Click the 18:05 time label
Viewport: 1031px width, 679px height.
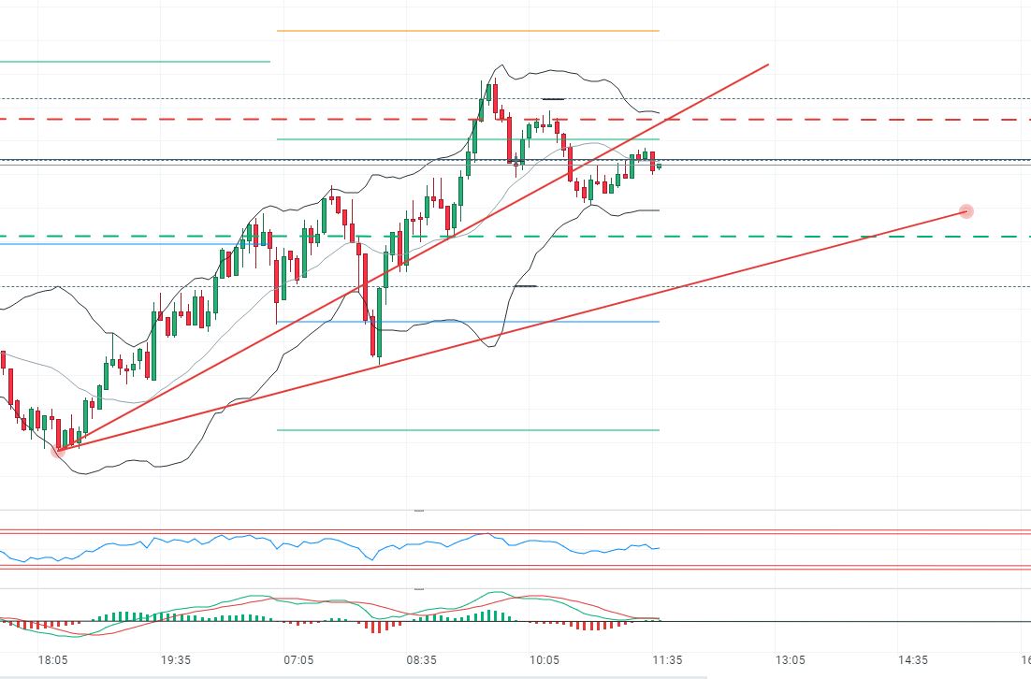point(52,659)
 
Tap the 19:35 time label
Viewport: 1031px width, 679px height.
point(176,659)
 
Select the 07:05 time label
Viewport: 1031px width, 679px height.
point(298,659)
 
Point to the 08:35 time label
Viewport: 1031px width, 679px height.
point(422,659)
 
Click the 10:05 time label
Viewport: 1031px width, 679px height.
point(545,659)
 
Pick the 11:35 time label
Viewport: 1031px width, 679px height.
point(667,659)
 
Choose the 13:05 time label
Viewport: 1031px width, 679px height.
point(791,659)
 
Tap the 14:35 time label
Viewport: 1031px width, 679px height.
point(913,659)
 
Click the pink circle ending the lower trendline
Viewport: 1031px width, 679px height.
point(966,212)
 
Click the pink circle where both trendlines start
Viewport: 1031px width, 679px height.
point(58,451)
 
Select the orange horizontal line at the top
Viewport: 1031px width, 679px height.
point(468,31)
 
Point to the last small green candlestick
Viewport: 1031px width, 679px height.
point(660,166)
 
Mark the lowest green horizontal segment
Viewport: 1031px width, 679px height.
point(468,430)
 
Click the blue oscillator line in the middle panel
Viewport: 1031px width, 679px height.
point(281,542)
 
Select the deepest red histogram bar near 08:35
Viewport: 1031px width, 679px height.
point(376,627)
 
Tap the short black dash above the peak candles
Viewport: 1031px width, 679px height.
point(553,98)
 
